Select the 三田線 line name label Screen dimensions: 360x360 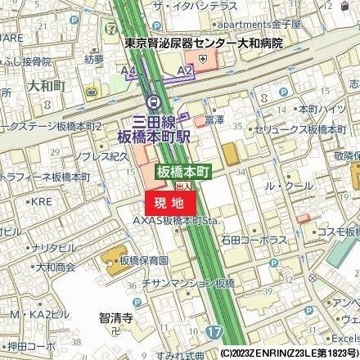point(151,118)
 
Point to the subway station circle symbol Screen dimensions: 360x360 point(152,101)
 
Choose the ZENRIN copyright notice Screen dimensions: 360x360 point(290,353)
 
